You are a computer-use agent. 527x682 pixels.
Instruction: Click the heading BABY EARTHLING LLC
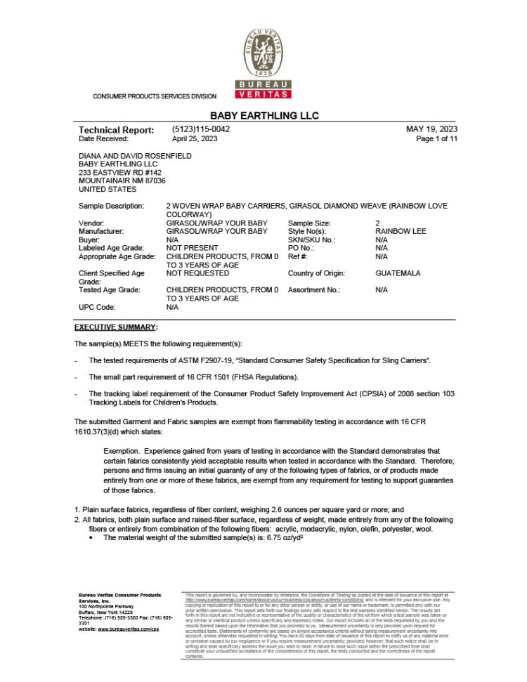(263, 115)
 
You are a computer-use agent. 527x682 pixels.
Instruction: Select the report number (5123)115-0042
(200, 130)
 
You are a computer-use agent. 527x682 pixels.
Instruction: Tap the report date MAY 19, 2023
(431, 130)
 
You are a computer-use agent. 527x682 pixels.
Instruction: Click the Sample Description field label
(111, 206)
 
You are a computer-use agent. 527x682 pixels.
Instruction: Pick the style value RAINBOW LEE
(401, 231)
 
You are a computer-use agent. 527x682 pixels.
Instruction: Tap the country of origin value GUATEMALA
(398, 273)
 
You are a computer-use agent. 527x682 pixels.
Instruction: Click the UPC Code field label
(98, 307)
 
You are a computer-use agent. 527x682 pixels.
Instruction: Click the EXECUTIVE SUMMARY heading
(115, 327)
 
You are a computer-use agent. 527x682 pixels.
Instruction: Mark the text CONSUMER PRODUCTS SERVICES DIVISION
(155, 96)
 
